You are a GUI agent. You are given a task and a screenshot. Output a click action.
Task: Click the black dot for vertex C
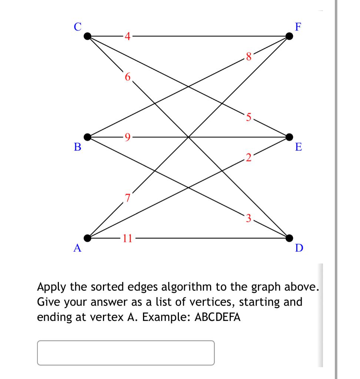click(87, 36)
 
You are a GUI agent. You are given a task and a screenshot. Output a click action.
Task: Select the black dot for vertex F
click(289, 36)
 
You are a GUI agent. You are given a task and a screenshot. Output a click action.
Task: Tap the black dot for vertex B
click(87, 137)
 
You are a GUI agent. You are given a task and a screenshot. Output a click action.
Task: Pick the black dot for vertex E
click(289, 137)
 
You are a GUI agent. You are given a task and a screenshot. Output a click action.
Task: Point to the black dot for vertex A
click(87, 237)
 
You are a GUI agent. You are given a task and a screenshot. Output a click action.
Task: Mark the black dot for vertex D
click(289, 237)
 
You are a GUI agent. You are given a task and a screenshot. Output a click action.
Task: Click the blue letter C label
click(77, 27)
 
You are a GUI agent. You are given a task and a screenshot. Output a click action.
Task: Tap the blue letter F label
click(298, 27)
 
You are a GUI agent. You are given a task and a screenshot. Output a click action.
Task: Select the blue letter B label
click(77, 147)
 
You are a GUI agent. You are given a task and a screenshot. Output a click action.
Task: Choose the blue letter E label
click(299, 147)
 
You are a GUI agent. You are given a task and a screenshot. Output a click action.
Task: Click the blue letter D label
click(299, 248)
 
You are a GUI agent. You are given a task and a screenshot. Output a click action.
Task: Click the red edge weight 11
click(128, 238)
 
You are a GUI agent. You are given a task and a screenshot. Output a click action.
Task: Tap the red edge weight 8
click(248, 57)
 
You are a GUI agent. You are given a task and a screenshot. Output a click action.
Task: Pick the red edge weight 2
click(249, 158)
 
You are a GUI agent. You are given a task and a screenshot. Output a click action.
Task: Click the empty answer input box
click(126, 353)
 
